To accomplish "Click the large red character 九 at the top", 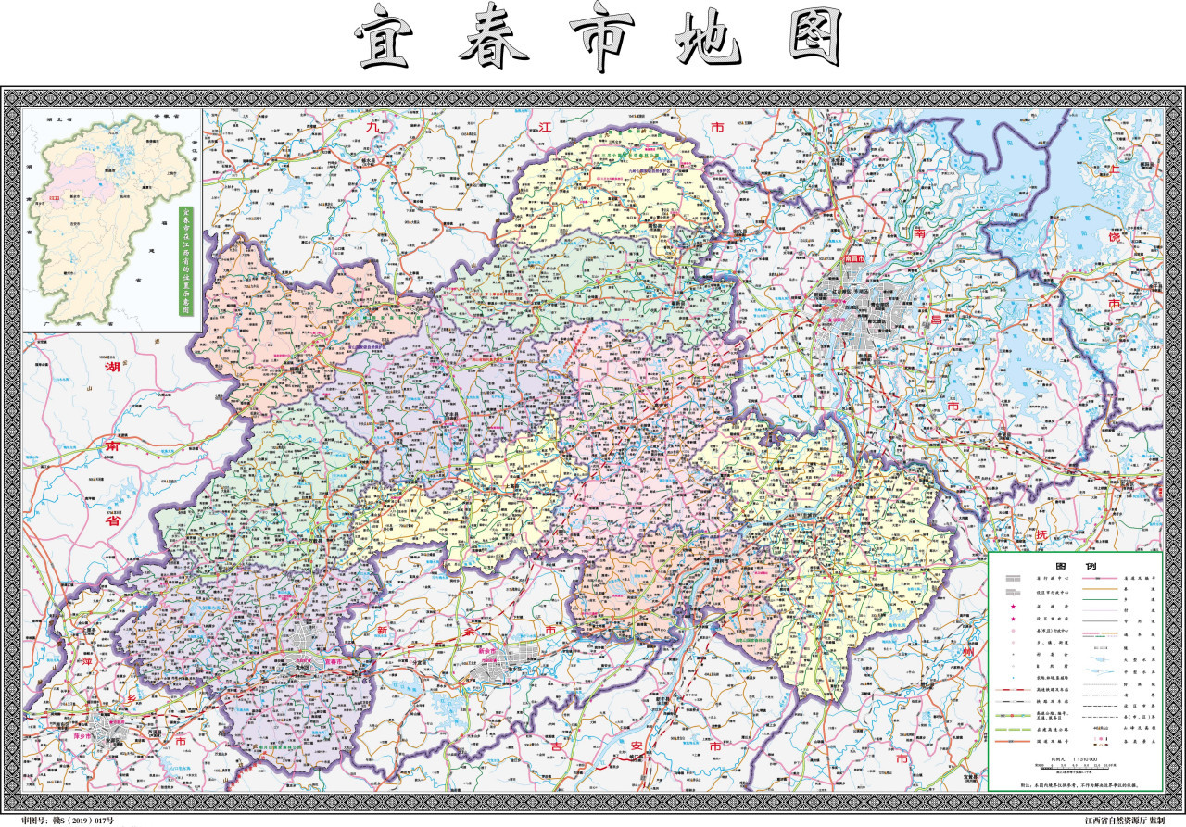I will (x=373, y=126).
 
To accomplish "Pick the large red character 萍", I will (x=89, y=664).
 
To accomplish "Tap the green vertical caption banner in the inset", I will (x=184, y=263).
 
